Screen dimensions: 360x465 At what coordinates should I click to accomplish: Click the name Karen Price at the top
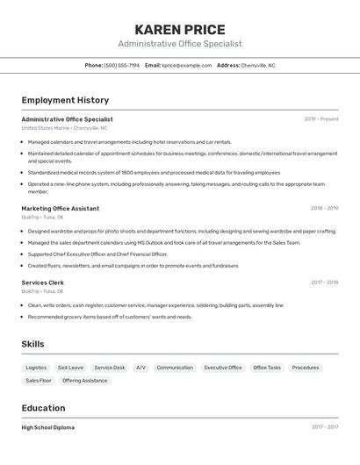tap(180, 29)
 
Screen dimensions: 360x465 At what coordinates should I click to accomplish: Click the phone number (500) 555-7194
tap(122, 65)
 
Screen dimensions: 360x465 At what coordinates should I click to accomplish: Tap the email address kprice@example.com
tap(186, 65)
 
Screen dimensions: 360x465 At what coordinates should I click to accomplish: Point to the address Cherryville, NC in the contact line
tap(258, 65)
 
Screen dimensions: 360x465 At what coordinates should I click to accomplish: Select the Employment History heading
tap(65, 100)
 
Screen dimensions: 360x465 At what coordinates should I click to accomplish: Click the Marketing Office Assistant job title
tap(60, 209)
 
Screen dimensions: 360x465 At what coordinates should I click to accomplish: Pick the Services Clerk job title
tap(42, 283)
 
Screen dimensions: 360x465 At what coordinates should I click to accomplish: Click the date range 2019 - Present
tap(321, 119)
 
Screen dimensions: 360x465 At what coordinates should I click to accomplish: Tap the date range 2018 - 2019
tap(324, 209)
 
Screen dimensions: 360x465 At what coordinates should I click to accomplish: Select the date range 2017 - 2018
tap(324, 283)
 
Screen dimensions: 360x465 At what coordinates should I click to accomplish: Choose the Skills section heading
tap(32, 344)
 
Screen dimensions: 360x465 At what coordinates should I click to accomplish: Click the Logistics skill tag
tap(36, 368)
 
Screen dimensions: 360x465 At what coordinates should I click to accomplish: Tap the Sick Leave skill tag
tap(70, 368)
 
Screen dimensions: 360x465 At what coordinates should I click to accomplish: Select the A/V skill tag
tap(140, 368)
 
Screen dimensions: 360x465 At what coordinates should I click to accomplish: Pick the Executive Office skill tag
tap(223, 368)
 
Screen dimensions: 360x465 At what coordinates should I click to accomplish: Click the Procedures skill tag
tap(306, 368)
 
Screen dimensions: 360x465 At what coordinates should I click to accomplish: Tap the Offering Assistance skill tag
tap(85, 381)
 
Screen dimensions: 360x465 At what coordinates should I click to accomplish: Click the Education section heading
tap(43, 408)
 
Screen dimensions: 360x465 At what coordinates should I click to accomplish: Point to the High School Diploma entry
tap(47, 427)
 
